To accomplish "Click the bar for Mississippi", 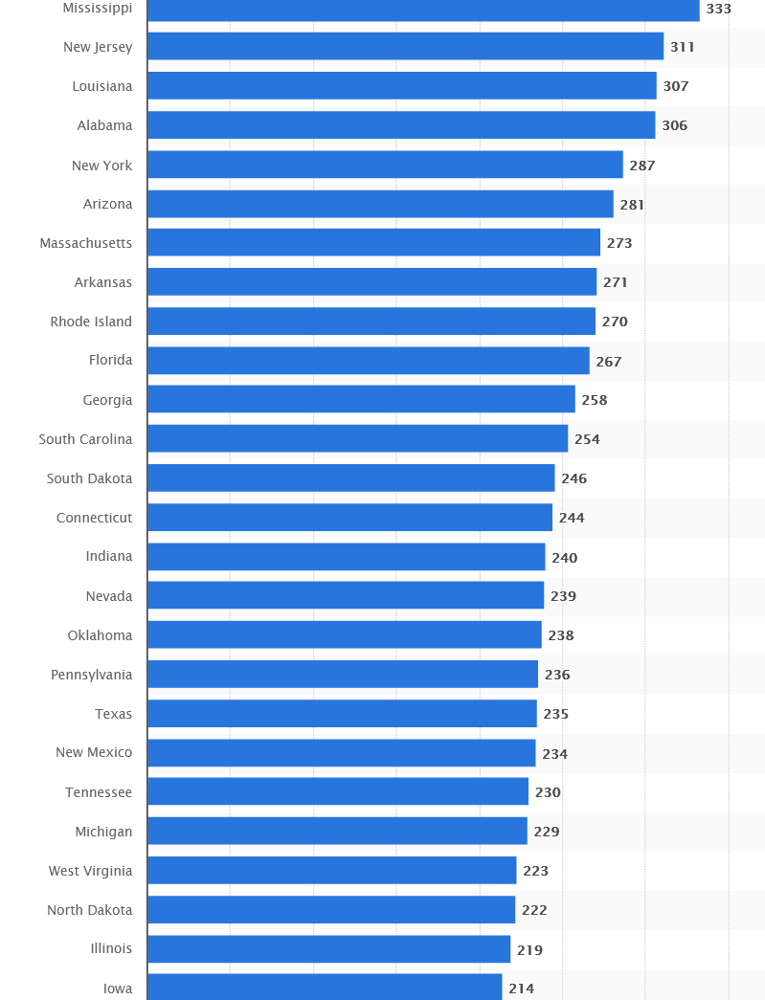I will point(423,9).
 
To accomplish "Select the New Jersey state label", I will point(98,47).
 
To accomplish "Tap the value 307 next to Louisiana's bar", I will point(675,86).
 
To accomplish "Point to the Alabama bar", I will point(401,125).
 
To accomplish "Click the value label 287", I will point(641,166).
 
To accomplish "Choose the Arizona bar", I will point(380,204).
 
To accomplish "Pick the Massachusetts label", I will point(86,243).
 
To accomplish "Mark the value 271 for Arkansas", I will point(615,282).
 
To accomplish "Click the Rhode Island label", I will point(91,322).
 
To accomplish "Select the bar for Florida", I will point(369,361).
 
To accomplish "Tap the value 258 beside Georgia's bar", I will point(594,400).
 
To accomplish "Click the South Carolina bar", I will point(357,439).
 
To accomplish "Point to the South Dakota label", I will point(90,478).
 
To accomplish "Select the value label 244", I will point(572,518).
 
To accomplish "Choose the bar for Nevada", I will point(346,596).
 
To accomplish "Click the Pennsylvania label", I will point(92,675).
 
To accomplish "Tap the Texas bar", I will point(342,714).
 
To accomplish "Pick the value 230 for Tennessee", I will point(548,792).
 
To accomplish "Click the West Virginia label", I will point(91,871).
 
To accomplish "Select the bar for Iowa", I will point(325,988).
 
